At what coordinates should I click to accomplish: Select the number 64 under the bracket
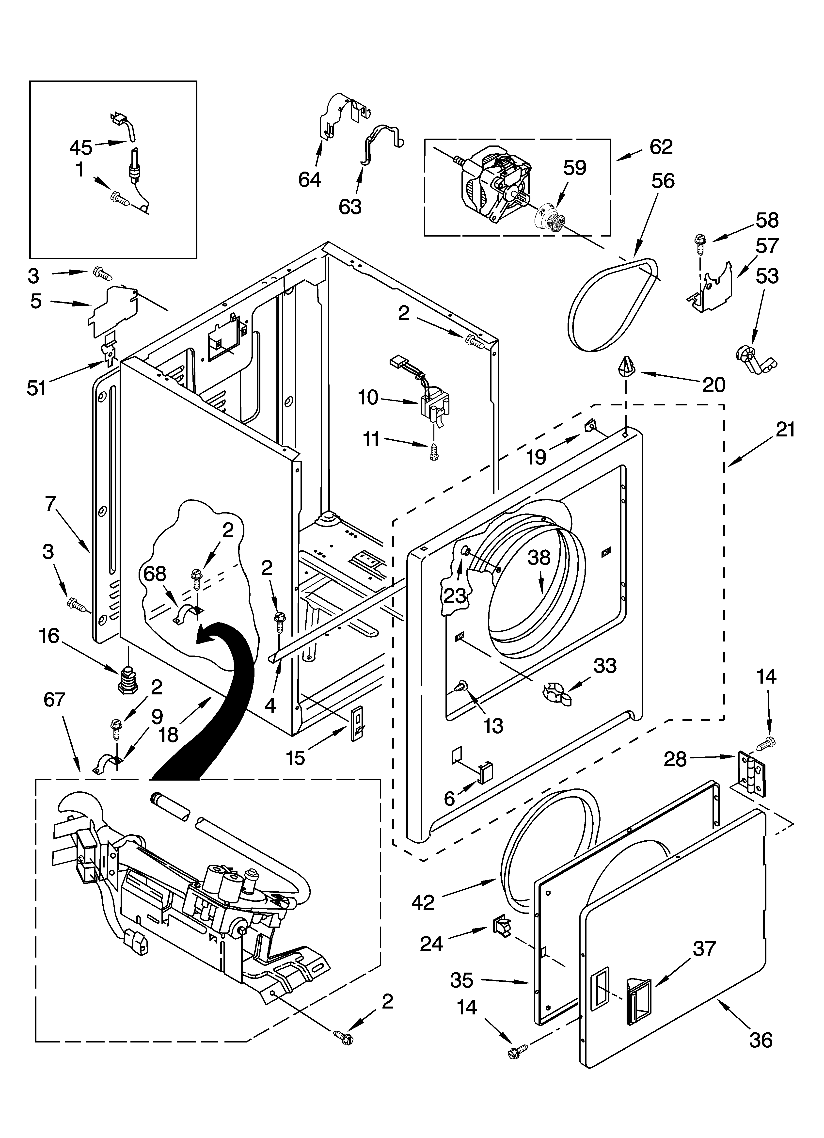pos(310,179)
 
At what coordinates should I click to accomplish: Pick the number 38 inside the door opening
pos(539,558)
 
